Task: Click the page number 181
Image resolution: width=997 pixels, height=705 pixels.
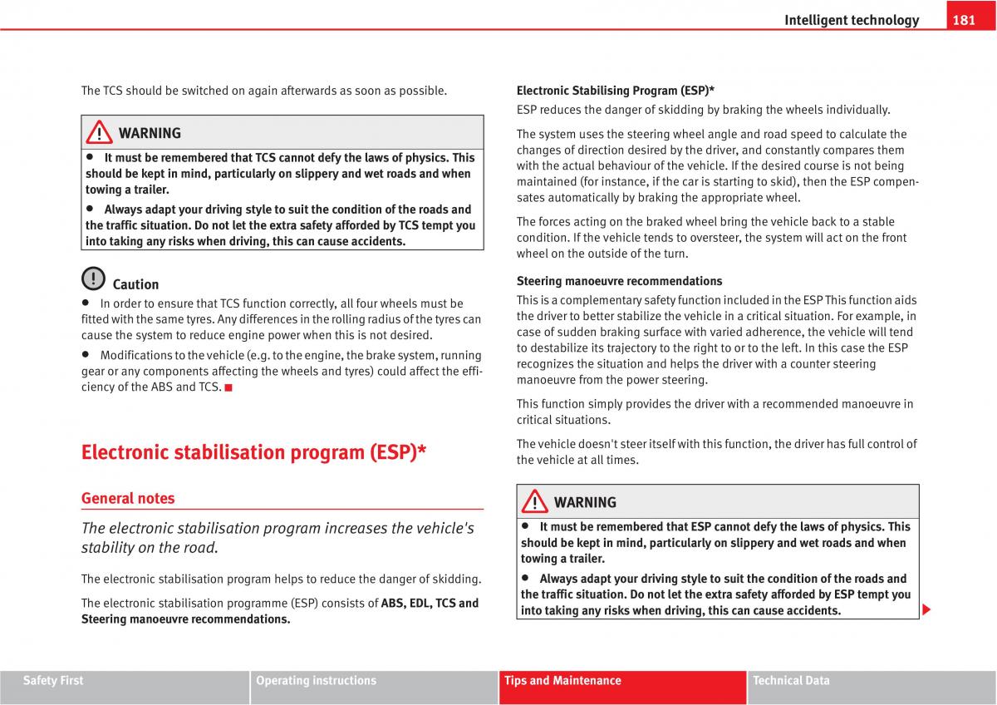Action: coord(964,20)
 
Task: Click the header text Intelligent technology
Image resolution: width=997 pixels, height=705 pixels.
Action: coord(852,20)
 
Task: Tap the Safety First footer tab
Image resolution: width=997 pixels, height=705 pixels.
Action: coord(53,681)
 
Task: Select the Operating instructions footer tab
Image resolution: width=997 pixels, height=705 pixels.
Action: coord(316,681)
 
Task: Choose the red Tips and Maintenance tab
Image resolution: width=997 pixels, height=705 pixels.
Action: coord(562,681)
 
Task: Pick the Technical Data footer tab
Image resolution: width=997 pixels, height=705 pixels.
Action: coord(791,681)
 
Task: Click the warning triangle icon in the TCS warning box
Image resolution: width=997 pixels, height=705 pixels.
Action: coord(100,133)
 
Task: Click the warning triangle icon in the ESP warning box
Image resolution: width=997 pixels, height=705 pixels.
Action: coord(535,502)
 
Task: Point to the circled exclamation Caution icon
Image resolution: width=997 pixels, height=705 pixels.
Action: coord(94,279)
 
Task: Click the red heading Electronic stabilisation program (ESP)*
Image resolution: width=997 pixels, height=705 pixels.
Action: coord(254,452)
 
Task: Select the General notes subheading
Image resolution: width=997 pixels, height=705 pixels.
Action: coord(128,498)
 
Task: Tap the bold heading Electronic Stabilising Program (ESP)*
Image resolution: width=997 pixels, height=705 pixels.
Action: coord(616,91)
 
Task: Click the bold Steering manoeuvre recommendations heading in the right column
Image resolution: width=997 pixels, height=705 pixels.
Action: coord(619,281)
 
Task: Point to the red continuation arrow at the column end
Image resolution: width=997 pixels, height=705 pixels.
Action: coord(926,611)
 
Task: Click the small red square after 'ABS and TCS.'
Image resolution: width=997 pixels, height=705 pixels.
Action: coord(228,387)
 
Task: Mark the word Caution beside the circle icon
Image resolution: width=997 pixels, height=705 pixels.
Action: coord(135,284)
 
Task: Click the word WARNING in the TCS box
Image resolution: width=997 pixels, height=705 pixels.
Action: coord(150,133)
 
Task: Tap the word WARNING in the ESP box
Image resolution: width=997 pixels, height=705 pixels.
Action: coord(585,502)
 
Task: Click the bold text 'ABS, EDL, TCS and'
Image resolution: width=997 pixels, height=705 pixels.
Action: coord(430,604)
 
